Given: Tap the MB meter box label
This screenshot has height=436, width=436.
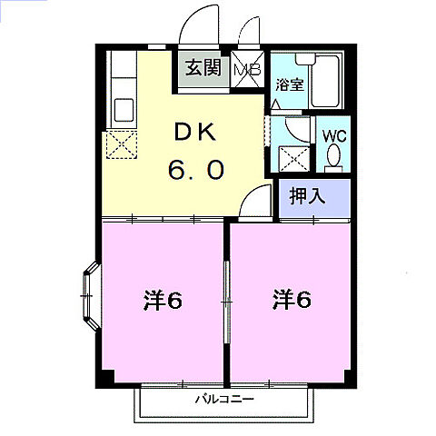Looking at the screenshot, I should (x=247, y=68).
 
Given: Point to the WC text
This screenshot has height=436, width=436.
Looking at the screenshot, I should (x=334, y=136).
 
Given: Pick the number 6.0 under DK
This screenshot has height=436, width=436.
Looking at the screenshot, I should (x=193, y=170).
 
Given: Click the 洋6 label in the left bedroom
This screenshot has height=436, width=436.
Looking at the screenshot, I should (x=163, y=299).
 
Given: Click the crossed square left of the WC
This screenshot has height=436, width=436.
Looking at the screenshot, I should (x=293, y=160).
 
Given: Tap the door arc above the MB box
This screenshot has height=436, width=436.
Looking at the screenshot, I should (x=248, y=34).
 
